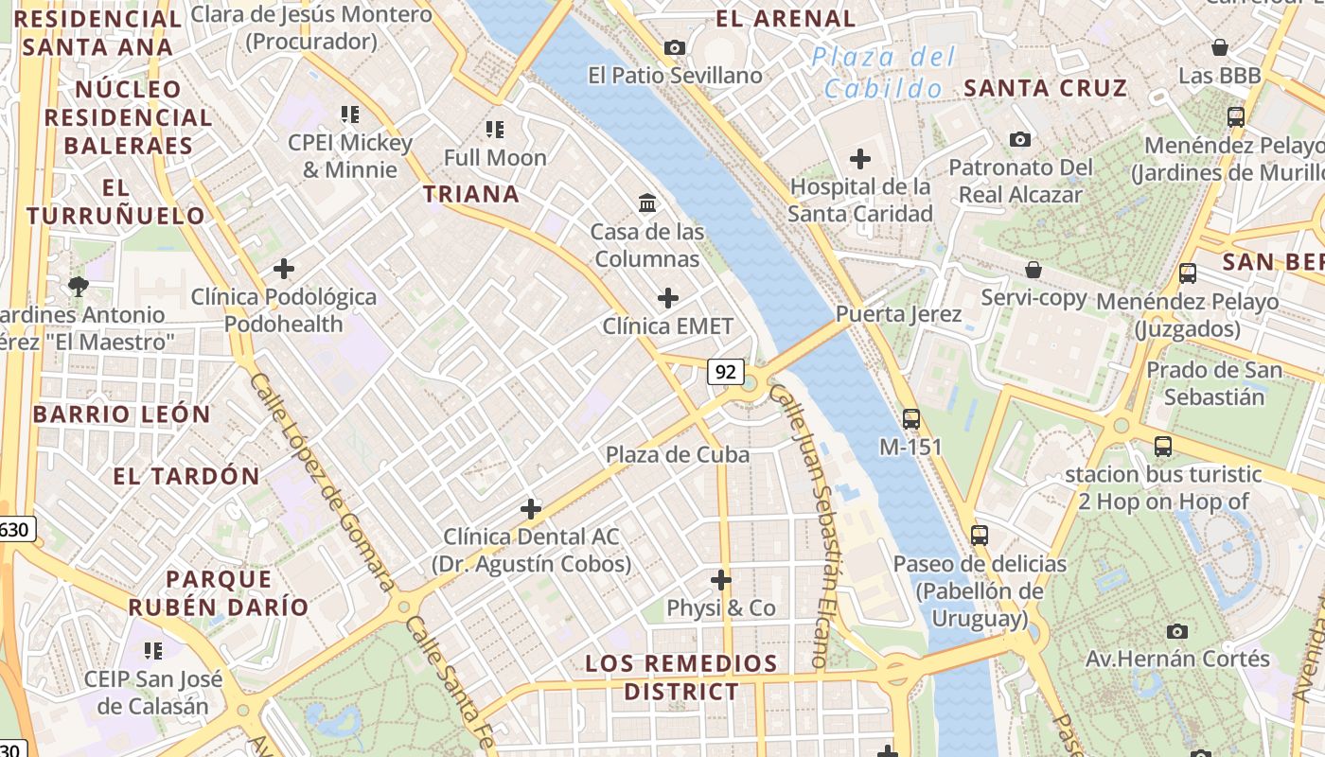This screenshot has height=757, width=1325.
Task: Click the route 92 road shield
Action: coord(726,372)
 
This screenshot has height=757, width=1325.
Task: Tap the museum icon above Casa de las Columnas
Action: coord(648,202)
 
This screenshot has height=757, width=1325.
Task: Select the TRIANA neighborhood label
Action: coord(471,195)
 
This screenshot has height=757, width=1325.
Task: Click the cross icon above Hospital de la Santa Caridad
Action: coord(860,158)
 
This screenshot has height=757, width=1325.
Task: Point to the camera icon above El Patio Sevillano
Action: coord(675,47)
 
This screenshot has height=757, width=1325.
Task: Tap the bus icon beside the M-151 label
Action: coord(911,418)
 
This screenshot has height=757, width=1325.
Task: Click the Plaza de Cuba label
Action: coord(678,454)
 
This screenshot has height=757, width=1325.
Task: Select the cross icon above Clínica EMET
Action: coord(668,298)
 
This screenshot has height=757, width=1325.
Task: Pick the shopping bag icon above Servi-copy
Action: coord(1033,270)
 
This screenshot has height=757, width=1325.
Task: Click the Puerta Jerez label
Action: coord(898,314)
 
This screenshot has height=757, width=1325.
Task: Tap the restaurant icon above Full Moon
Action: coord(495,129)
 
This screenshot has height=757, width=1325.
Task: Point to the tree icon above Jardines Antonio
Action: coord(78,286)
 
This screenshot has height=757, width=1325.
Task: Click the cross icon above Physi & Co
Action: coord(721,579)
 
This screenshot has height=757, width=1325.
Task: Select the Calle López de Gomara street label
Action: coord(321,481)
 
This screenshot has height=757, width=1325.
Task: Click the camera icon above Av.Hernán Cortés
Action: coord(1177,631)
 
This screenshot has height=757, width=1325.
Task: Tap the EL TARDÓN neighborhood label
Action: coord(186,476)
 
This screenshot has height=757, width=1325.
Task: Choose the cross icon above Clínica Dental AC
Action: coord(531,509)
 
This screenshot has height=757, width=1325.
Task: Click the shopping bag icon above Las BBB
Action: coord(1220,47)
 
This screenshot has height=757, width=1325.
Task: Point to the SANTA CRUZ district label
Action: coord(1046,89)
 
